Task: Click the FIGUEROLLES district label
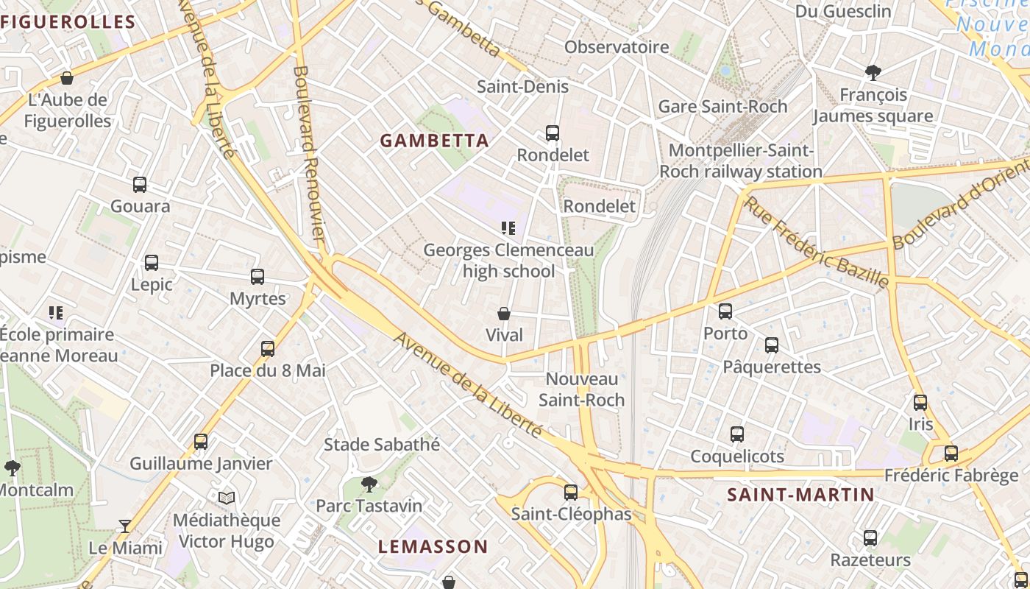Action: coord(68,22)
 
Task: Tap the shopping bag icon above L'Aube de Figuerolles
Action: coord(67,78)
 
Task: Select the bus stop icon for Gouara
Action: coord(140,185)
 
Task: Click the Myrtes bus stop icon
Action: coord(257,277)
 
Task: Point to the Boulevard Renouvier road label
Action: coord(309,153)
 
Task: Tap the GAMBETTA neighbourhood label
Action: coord(434,141)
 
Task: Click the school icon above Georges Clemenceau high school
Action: coord(508,228)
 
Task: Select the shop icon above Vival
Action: coord(504,314)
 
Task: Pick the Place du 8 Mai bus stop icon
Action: coord(268,349)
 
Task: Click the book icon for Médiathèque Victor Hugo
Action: coord(227,498)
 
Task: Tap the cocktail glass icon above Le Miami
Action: coord(125,526)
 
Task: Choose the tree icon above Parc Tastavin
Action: coord(369,484)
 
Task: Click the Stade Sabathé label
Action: coord(382,445)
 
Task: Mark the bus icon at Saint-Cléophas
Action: coord(571,493)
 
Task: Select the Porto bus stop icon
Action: coord(725,311)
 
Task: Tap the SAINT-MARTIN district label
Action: coord(800,495)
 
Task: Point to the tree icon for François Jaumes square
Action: coord(873,73)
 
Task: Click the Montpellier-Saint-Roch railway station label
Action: coord(741,161)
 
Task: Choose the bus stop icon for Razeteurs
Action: coord(870,538)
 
